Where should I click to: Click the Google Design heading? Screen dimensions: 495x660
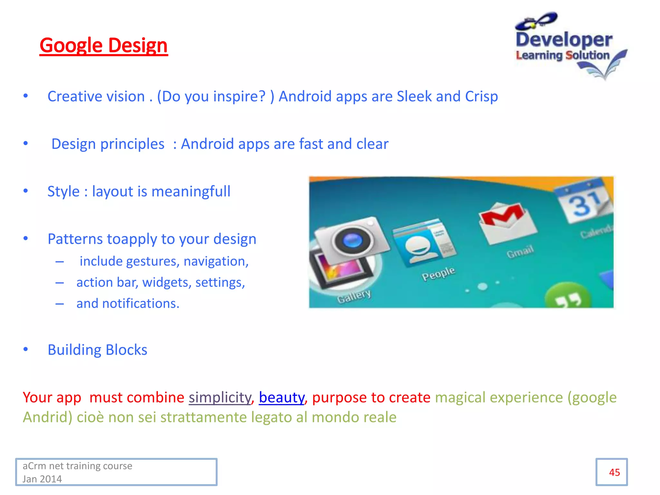[103, 45]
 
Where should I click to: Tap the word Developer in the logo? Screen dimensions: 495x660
[564, 40]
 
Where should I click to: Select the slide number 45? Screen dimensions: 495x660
[614, 472]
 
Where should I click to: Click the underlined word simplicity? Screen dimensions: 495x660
[219, 397]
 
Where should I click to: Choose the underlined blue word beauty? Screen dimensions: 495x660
[281, 397]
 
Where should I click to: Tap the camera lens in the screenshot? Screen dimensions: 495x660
[352, 240]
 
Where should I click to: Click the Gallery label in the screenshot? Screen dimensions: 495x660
[354, 296]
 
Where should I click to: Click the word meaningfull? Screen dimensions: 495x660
[191, 191]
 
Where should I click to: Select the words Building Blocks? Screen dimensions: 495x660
[97, 350]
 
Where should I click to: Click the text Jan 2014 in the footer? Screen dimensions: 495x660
[42, 479]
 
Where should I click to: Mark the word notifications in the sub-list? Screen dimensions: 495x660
[140, 304]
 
